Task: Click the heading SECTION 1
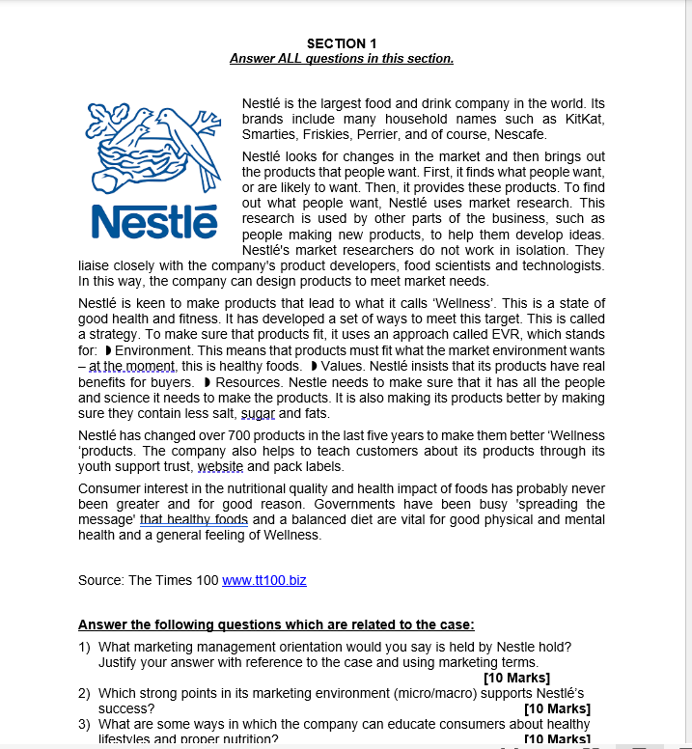point(341,43)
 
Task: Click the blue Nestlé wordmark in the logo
point(153,222)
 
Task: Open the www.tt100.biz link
point(264,580)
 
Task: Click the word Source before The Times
point(100,580)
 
